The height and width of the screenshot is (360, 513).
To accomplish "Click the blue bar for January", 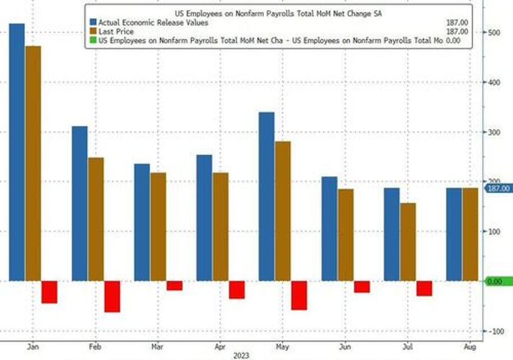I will (x=17, y=151).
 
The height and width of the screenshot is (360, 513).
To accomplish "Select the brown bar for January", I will (x=33, y=163).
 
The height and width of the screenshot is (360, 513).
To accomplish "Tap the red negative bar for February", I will (x=112, y=296).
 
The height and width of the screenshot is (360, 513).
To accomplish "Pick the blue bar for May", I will (x=266, y=196).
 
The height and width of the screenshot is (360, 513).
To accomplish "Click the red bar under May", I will (x=299, y=295).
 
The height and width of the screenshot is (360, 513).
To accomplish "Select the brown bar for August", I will (x=470, y=234).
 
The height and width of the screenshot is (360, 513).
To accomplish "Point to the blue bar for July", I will (x=391, y=234).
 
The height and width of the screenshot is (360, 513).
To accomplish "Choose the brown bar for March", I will (x=158, y=226).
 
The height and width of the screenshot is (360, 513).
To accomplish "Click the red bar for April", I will (x=237, y=289).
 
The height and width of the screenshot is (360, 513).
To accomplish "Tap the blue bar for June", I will (x=329, y=229).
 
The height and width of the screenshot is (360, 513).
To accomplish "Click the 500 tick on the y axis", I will (x=495, y=33).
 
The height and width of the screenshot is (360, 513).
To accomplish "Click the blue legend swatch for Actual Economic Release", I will (x=93, y=22).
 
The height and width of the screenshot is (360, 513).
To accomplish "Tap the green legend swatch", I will (x=93, y=41).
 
